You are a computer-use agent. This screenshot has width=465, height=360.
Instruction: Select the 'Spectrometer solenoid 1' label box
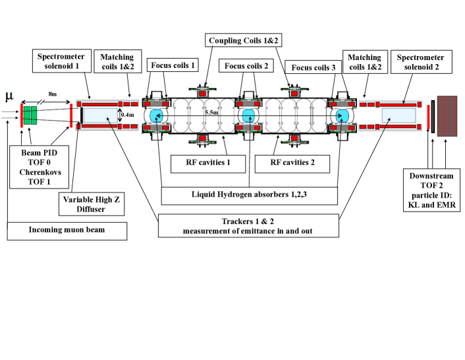tap(59, 63)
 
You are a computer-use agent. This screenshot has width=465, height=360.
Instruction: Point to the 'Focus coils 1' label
tap(173, 66)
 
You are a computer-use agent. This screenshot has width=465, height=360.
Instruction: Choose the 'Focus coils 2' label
tap(246, 66)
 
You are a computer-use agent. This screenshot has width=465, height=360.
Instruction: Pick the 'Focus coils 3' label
tap(313, 67)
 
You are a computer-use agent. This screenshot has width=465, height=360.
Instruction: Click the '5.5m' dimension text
tap(211, 113)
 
